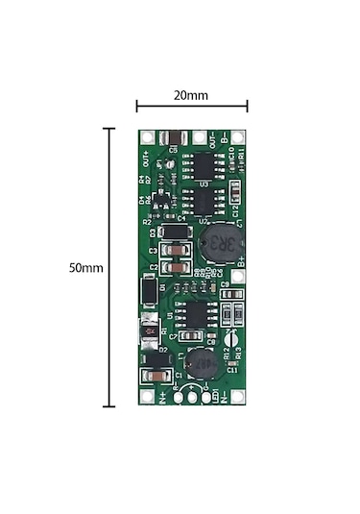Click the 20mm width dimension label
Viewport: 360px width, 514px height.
pyautogui.click(x=192, y=96)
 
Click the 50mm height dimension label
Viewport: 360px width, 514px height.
pyautogui.click(x=85, y=268)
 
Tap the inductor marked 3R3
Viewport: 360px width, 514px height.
pyautogui.click(x=220, y=239)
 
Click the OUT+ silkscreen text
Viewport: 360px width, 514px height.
pyautogui.click(x=147, y=156)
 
